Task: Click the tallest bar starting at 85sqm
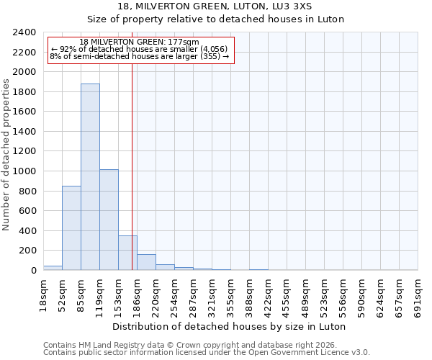[90, 177]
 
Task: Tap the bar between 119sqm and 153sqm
[109, 220]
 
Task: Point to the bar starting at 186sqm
[146, 263]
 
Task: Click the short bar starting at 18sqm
[53, 268]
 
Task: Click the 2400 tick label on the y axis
[24, 32]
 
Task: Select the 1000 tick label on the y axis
[24, 171]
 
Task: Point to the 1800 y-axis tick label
[24, 92]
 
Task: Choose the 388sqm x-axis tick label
[250, 295]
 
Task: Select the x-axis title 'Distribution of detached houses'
[230, 326]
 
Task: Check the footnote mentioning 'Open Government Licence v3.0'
[207, 352]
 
